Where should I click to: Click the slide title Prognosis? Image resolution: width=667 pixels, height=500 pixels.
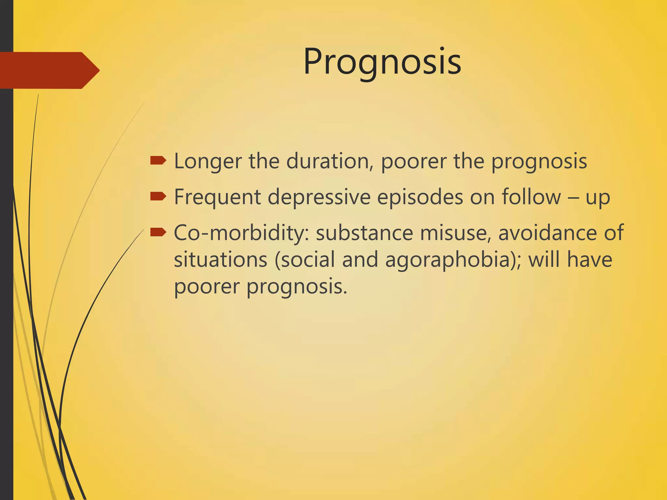(x=382, y=62)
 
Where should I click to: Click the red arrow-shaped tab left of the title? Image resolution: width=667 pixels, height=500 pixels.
(x=49, y=70)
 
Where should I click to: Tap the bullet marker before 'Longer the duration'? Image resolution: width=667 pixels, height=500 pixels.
(x=158, y=160)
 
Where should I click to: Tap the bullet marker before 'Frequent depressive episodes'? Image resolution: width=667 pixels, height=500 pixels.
(x=158, y=196)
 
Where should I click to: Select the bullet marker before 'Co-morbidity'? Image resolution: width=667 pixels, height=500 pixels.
(x=158, y=232)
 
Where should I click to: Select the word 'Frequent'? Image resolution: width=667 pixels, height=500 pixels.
(x=218, y=197)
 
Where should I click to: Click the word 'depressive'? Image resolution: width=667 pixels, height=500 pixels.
(x=319, y=197)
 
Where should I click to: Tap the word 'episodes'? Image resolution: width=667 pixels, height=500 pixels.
(x=420, y=197)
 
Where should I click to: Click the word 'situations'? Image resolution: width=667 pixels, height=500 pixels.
(x=220, y=260)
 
